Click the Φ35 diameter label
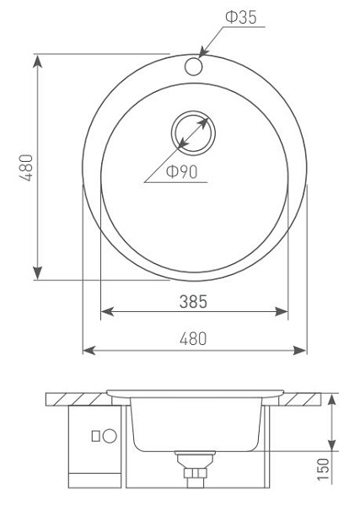240,17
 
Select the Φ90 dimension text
181,171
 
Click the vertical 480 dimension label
26,168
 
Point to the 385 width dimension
193,301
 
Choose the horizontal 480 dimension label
193,339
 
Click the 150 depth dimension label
323,469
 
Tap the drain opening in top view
193,133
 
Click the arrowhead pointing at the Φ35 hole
203,52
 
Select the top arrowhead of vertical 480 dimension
38,61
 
